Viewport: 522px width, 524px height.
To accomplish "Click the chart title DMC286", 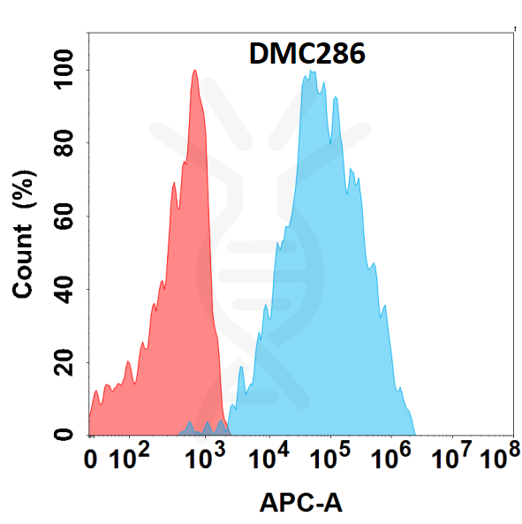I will (306, 56).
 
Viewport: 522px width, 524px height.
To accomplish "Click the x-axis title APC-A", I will (300, 503).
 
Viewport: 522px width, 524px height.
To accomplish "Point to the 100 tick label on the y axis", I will (64, 70).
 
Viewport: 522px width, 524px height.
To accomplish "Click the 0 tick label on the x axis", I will (91, 459).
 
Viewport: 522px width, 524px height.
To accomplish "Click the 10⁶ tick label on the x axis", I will (392, 459).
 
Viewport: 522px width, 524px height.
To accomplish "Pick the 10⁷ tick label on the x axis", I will (453, 459).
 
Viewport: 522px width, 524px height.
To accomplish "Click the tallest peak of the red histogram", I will (194, 72).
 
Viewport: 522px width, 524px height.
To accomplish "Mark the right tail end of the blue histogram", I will (415, 433).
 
